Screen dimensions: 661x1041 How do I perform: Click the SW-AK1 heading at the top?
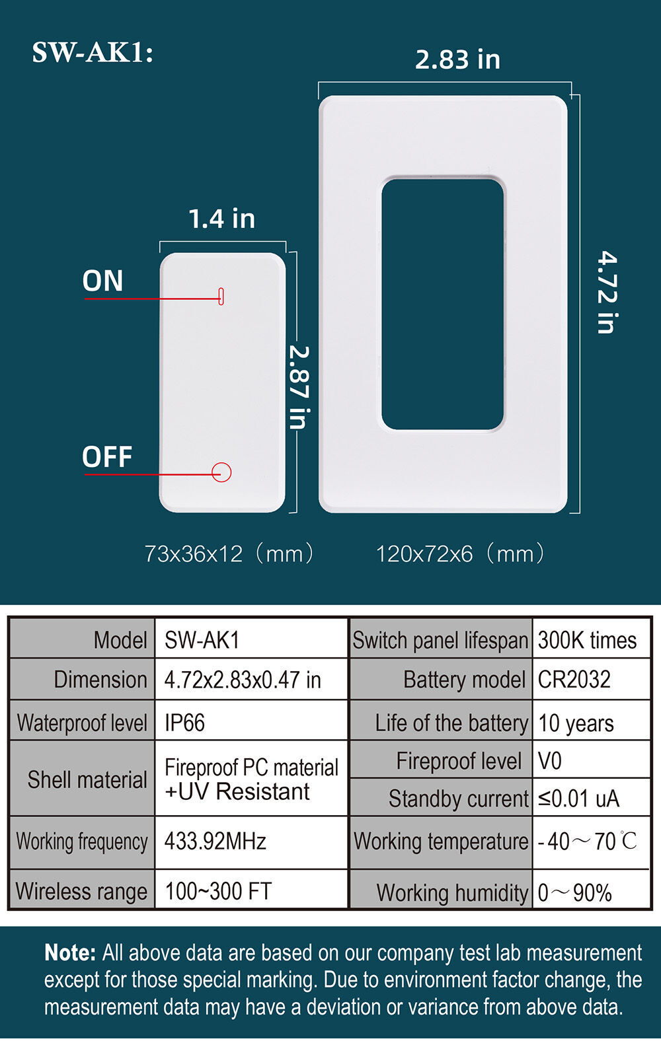[x=93, y=53]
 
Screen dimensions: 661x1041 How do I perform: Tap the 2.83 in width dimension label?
[x=457, y=60]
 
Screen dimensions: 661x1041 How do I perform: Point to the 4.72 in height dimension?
[x=607, y=293]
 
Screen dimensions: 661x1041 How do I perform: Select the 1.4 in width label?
[x=222, y=219]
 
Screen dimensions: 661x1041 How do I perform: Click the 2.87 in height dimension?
[x=299, y=387]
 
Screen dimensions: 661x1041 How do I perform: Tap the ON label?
[x=103, y=281]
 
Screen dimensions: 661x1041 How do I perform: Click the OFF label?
[x=107, y=456]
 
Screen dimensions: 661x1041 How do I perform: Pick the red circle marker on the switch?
[x=221, y=472]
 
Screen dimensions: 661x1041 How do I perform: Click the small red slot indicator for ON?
[x=221, y=296]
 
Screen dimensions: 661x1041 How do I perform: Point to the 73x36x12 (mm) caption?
[x=229, y=554]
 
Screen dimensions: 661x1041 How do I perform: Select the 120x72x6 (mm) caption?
[x=460, y=554]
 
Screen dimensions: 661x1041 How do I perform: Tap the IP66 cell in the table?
[x=184, y=723]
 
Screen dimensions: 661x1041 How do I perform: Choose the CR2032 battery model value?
[x=574, y=680]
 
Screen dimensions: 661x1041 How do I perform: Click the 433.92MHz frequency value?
[x=215, y=841]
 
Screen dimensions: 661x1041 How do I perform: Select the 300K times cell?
[x=587, y=641]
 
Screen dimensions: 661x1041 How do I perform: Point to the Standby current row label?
[x=459, y=799]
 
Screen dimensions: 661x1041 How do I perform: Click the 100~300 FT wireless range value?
[x=218, y=891]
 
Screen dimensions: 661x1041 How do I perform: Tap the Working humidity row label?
[x=453, y=892]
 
